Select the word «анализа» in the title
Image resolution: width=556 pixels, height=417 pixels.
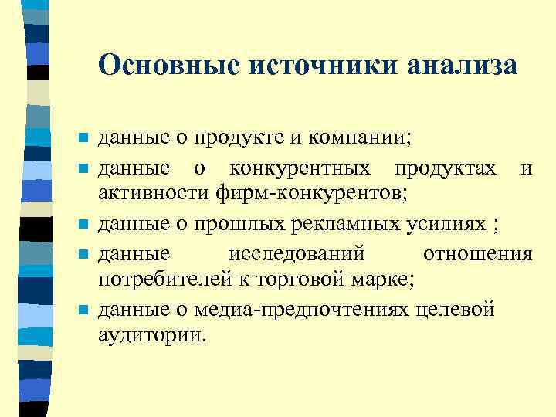(461, 65)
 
